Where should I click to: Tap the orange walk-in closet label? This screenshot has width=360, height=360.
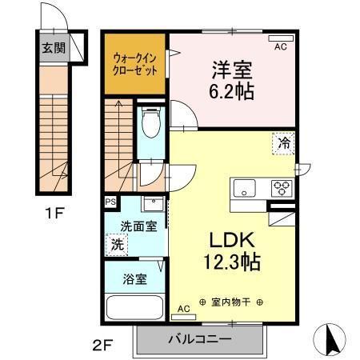point(134,62)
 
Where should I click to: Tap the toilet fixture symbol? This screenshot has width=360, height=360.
point(150,125)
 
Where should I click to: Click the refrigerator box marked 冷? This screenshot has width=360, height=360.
point(283,143)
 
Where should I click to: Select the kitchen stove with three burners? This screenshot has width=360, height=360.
point(282,189)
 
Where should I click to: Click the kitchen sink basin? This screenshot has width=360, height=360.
point(243,190)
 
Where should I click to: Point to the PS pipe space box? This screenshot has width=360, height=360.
point(110,203)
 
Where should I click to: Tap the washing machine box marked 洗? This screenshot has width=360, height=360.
point(118,244)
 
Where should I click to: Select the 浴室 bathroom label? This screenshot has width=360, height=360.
point(134,280)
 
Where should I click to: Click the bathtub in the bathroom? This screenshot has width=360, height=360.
point(134,307)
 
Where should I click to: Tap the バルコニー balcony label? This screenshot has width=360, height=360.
point(200,339)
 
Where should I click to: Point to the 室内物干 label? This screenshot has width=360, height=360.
point(230,302)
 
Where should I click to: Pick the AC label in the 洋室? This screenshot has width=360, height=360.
point(280,47)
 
